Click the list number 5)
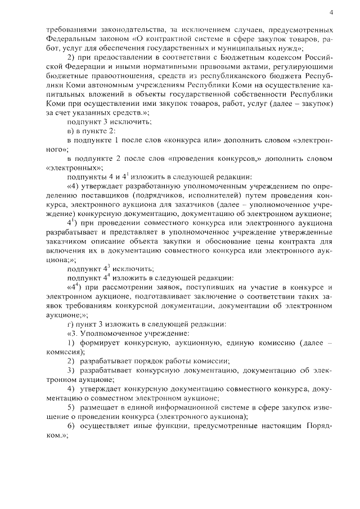click(71, 407)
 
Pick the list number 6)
click(71, 425)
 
